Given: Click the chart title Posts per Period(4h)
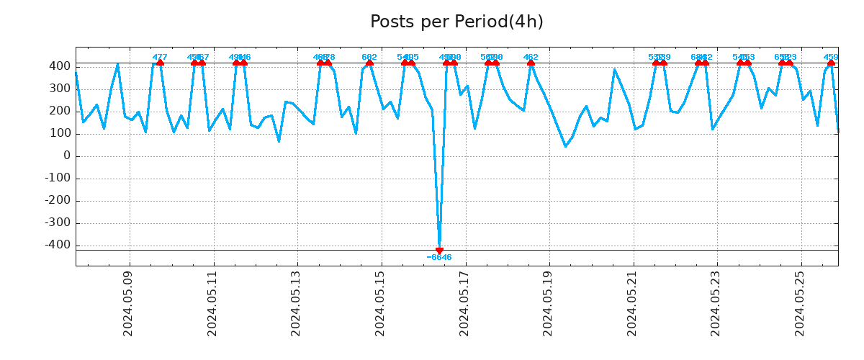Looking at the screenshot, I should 456,22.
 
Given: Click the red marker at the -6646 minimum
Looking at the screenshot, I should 439,251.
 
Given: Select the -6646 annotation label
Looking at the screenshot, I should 439,258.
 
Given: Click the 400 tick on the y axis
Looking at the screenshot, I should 60,66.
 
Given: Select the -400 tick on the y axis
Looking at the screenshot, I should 58,246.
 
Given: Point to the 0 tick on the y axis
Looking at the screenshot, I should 67,156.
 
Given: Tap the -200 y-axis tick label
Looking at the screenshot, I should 58,201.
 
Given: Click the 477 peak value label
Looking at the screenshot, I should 160,57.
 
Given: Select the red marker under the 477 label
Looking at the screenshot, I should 160,63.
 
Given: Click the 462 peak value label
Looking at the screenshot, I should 531,57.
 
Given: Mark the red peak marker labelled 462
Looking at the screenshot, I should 531,63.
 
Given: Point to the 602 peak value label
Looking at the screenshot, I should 369,57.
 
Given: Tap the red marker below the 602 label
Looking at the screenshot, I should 369,63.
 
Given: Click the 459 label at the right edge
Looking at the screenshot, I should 831,57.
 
